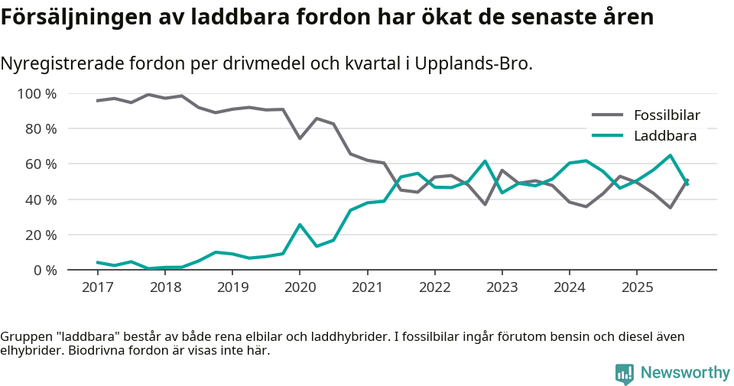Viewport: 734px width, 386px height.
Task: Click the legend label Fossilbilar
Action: (x=667, y=115)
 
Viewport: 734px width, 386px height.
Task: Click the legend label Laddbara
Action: (x=664, y=136)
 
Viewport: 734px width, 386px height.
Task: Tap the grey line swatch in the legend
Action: (x=608, y=115)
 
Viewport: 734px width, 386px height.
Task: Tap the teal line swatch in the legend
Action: (x=608, y=136)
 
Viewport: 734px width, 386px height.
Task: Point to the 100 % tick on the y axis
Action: (x=37, y=94)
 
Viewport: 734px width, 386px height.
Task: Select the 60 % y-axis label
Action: (x=40, y=164)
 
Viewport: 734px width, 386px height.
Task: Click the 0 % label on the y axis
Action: (x=44, y=270)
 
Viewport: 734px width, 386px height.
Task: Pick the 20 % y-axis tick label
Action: (x=40, y=235)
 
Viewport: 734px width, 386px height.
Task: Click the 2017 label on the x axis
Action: (x=97, y=287)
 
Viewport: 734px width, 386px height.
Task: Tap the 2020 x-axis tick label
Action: (x=300, y=287)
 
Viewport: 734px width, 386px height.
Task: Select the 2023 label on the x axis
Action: (x=502, y=287)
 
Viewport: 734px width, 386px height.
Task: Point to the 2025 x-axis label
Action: (x=637, y=287)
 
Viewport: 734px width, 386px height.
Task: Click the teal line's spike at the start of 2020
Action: (x=300, y=225)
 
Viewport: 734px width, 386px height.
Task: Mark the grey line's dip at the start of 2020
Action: (x=300, y=138)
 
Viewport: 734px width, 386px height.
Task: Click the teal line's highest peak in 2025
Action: (x=671, y=155)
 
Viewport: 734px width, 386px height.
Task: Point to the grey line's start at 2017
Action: (x=97, y=101)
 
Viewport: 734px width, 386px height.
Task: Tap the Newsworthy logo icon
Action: (x=625, y=373)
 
